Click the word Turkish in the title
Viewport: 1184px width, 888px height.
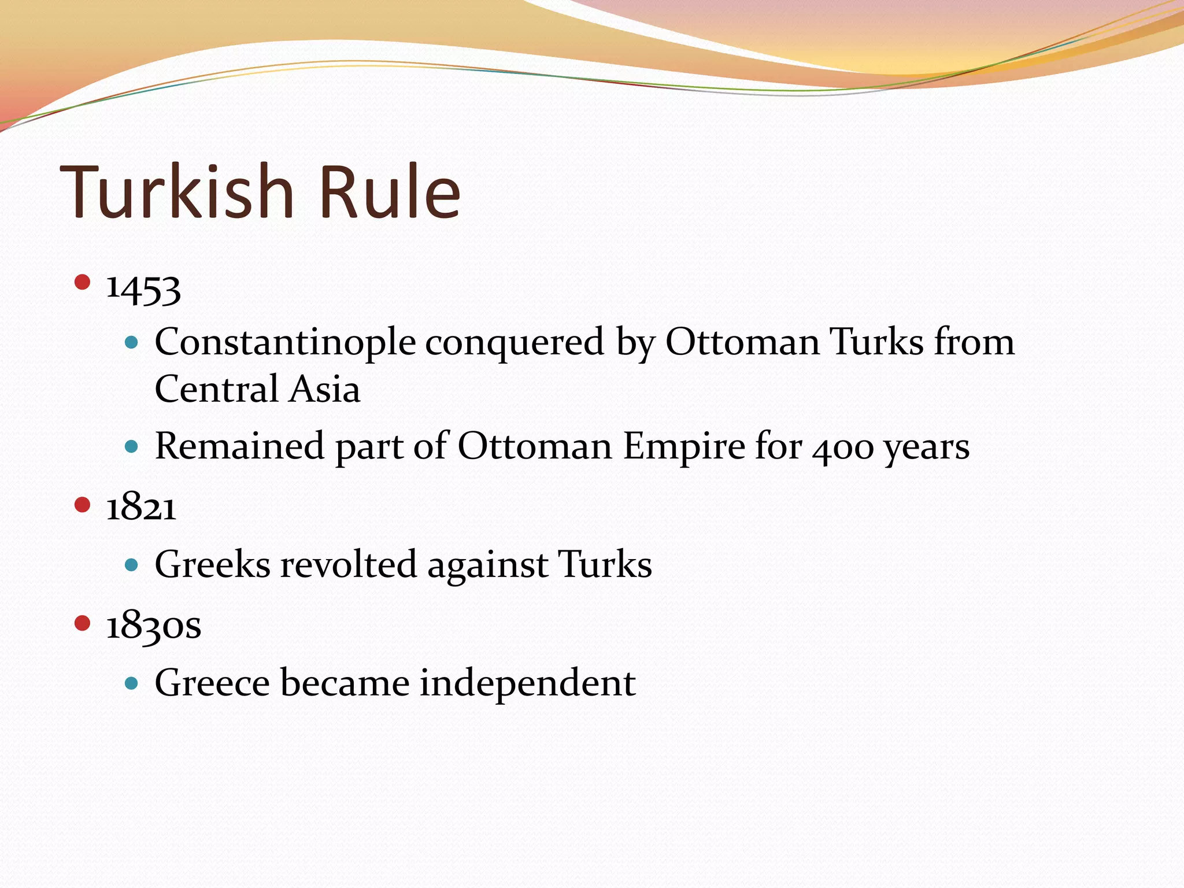coord(176,192)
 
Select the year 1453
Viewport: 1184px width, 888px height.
coord(143,288)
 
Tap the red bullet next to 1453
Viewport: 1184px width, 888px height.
coord(83,282)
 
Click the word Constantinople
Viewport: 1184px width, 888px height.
coord(285,342)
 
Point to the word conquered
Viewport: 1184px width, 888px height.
coord(515,342)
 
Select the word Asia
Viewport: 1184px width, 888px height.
coord(325,388)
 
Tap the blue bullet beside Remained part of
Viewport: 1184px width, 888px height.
coord(132,446)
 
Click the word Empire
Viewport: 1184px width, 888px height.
coord(684,446)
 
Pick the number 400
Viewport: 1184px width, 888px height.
coord(842,448)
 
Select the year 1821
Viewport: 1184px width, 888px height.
coord(141,508)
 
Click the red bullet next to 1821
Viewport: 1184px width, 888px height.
coord(83,505)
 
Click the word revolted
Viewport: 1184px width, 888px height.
coord(348,564)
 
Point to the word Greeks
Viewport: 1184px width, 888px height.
coord(212,564)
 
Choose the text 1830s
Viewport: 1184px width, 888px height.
coord(154,626)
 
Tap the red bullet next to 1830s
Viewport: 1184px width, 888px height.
coord(83,623)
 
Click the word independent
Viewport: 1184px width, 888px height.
coord(527,683)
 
